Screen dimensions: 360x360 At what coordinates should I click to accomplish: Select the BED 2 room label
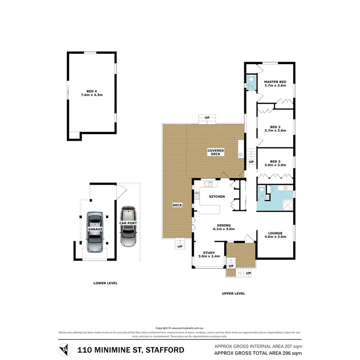[275, 129]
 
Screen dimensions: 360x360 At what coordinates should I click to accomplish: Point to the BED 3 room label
[275, 163]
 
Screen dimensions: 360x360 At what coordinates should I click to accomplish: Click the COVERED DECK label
[216, 152]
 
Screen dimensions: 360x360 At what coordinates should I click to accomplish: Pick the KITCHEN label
[217, 197]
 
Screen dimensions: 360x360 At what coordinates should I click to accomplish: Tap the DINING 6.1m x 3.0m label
[224, 227]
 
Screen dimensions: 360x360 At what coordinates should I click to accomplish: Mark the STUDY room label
[209, 254]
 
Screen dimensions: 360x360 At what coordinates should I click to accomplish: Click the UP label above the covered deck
[207, 117]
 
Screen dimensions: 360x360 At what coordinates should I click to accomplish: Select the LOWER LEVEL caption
[105, 283]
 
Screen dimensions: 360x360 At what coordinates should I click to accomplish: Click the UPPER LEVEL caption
[233, 294]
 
